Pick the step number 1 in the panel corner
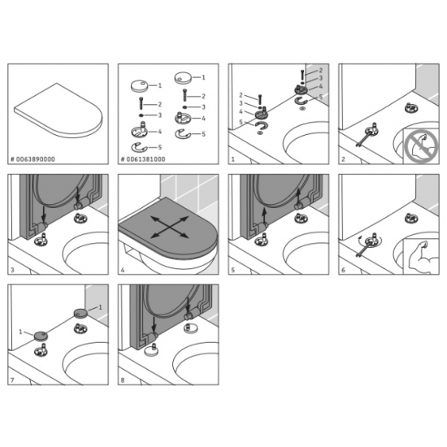pos(232,160)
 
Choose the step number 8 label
pos(122,380)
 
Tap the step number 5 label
pos(232,270)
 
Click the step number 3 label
pos(12,270)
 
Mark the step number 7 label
pos(12,380)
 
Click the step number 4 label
pos(122,270)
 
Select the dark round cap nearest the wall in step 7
pos(80,311)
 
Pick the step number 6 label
pos(342,270)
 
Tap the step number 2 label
pos(342,160)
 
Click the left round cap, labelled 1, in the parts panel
pos(137,85)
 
